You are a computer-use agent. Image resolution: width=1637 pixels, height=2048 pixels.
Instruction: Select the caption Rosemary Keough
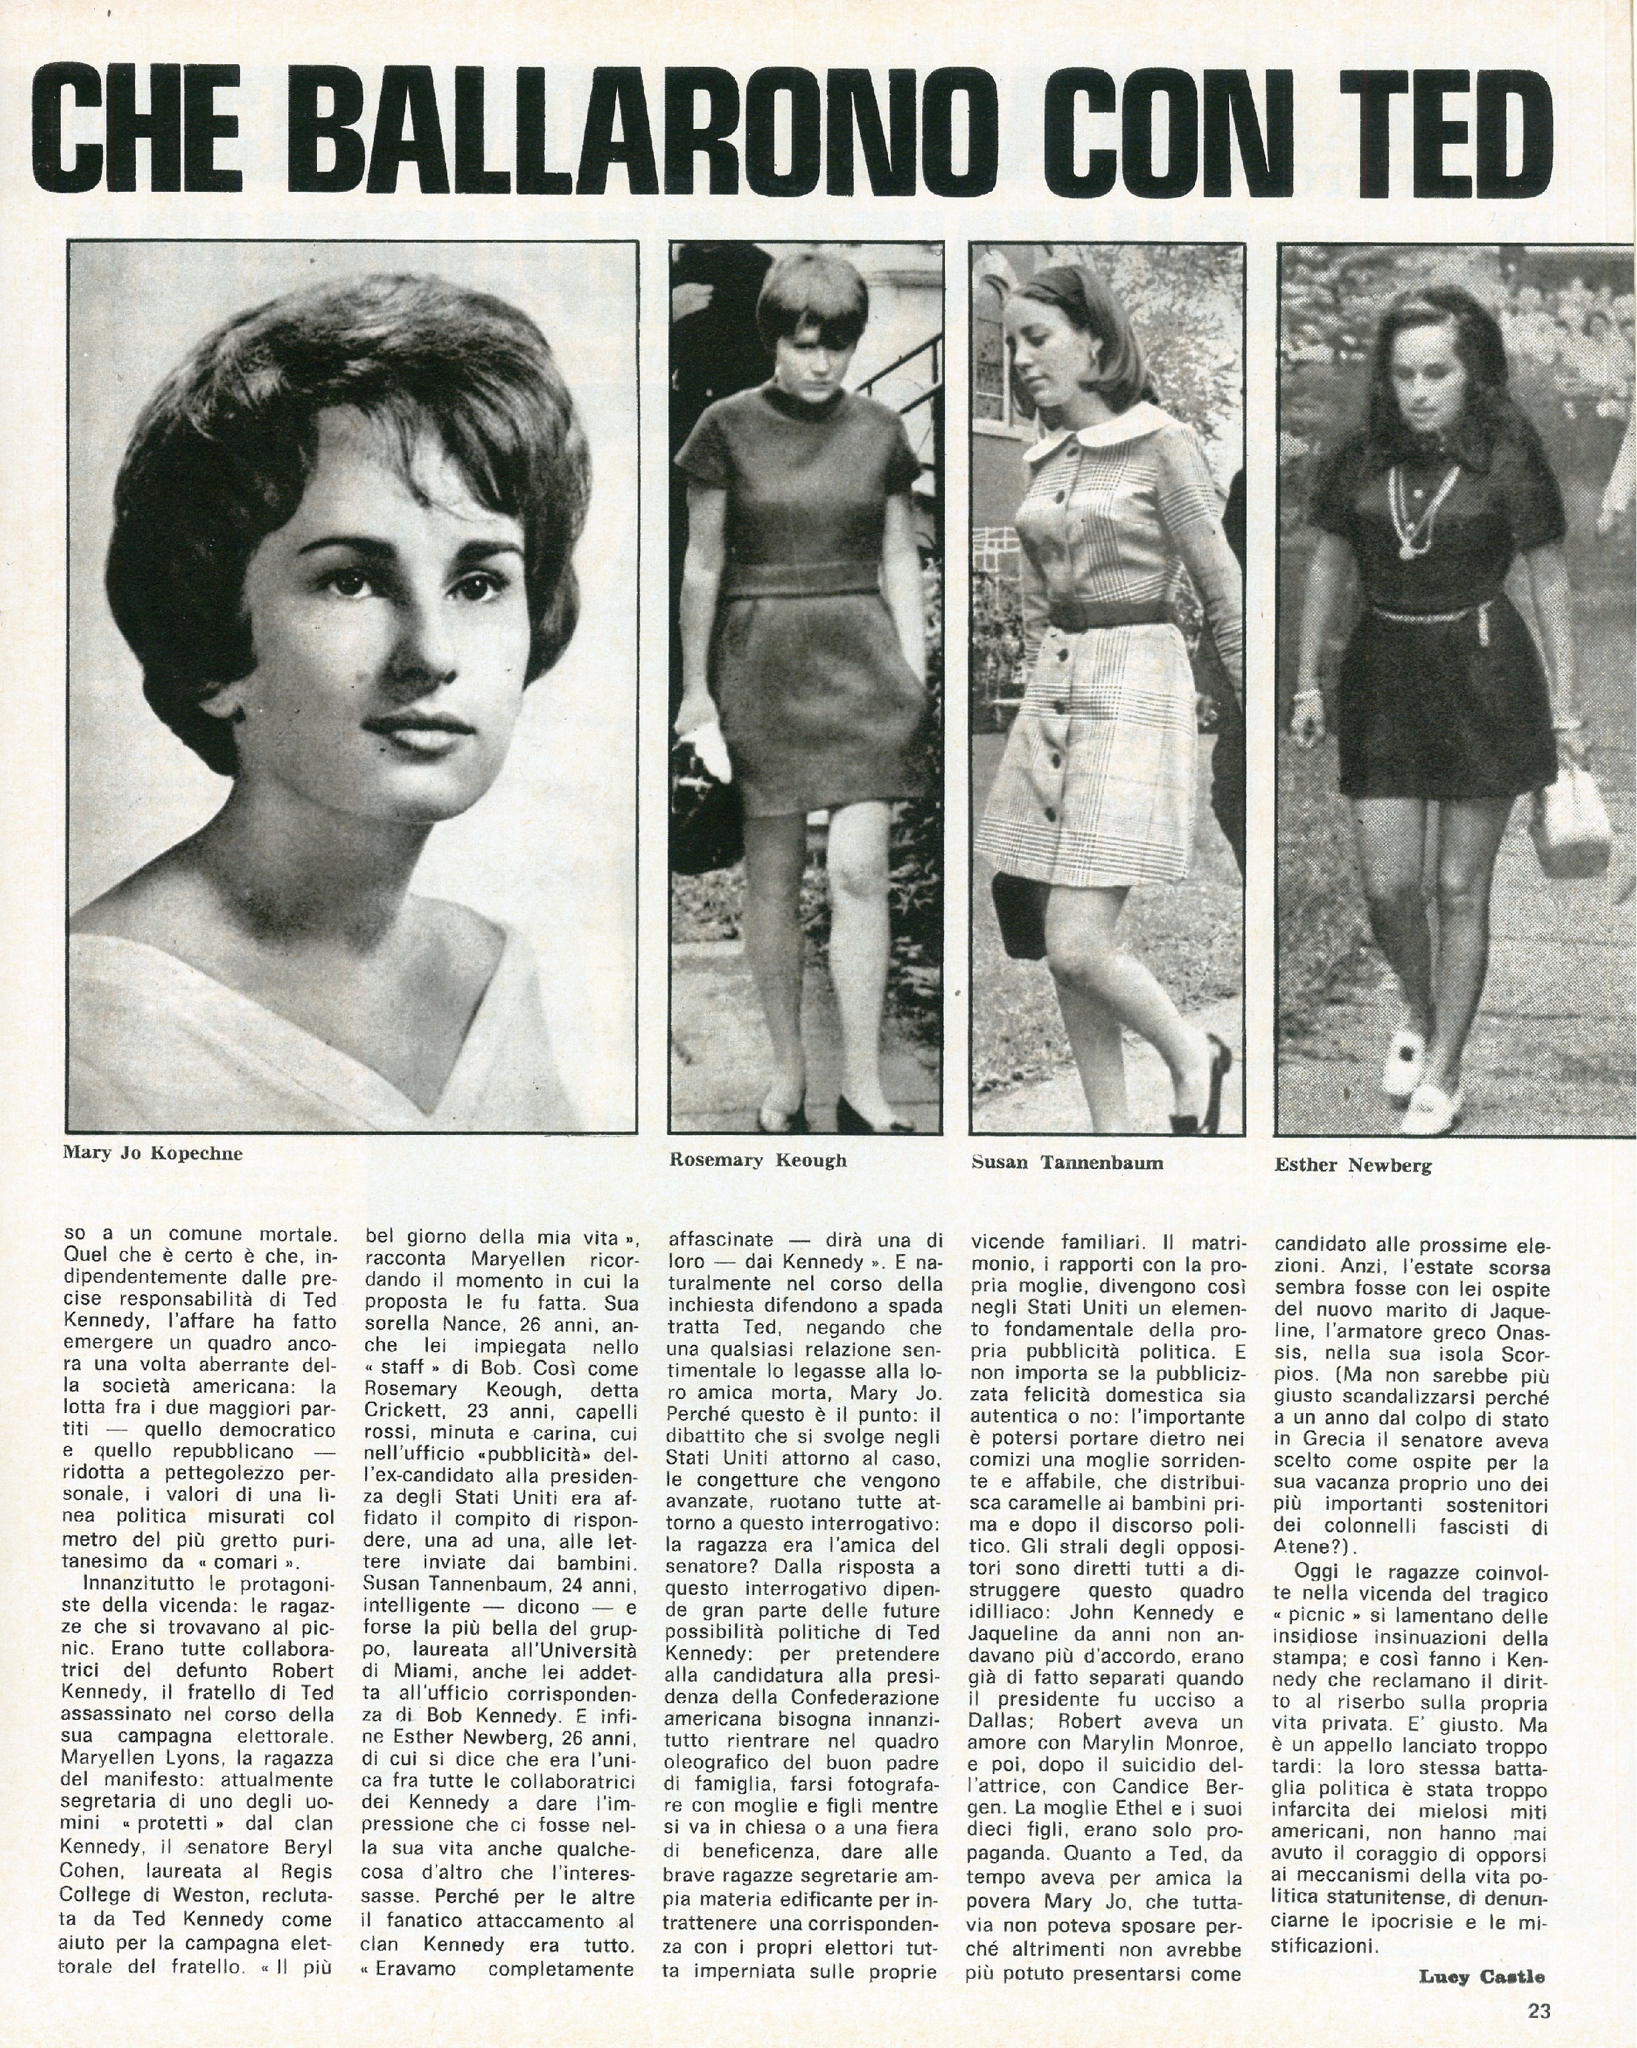point(757,1160)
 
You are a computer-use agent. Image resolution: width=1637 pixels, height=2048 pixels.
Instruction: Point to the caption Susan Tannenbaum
point(1067,1162)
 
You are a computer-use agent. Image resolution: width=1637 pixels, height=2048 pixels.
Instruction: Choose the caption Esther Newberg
point(1353,1166)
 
